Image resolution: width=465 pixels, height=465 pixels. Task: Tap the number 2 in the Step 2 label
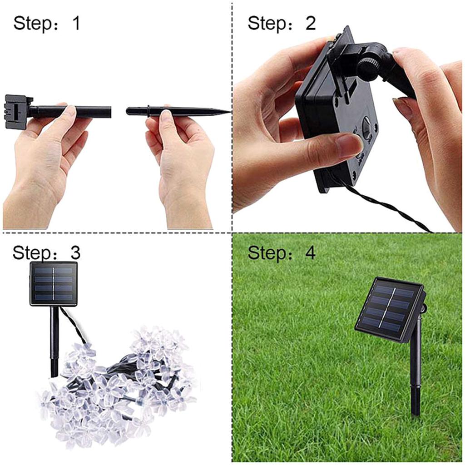(310, 23)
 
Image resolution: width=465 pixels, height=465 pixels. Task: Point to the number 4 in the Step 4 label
(310, 253)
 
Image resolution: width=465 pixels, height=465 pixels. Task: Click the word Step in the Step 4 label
(265, 253)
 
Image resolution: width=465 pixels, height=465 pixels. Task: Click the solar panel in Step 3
(54, 283)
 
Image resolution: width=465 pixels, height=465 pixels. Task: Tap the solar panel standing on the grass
(389, 309)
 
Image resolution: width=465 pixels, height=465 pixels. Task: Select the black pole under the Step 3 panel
(55, 341)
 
